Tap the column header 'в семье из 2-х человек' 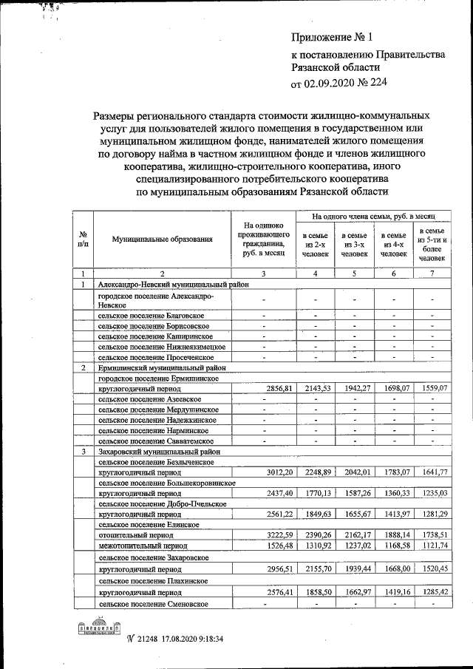316,244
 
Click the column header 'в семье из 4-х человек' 394,244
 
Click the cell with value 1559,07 433,387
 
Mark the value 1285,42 433,593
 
